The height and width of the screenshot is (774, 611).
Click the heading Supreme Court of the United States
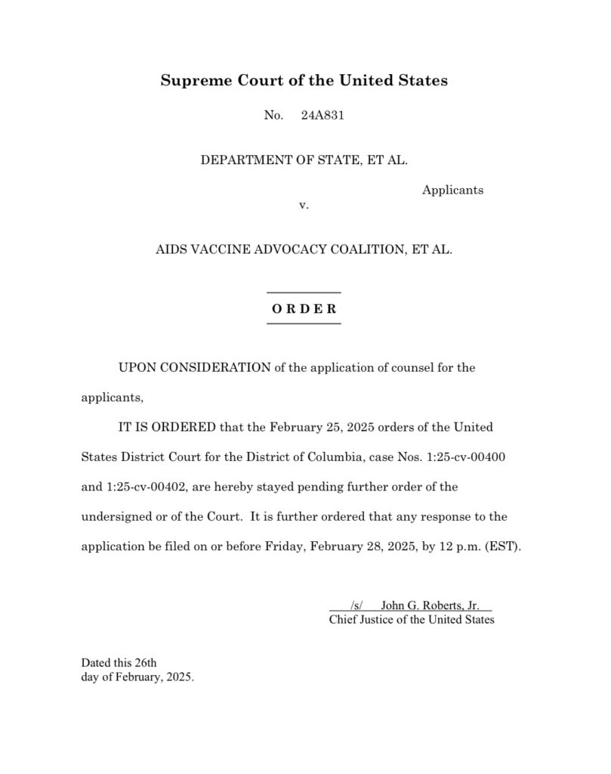click(x=304, y=80)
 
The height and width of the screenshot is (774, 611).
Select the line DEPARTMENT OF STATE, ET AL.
click(x=304, y=160)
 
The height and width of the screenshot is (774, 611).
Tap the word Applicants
click(x=452, y=190)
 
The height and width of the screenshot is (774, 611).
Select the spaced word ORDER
click(x=304, y=308)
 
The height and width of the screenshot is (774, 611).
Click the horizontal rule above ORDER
click(x=304, y=293)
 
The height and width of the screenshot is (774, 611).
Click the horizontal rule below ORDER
click(x=304, y=324)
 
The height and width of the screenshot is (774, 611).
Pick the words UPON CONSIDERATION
click(x=194, y=368)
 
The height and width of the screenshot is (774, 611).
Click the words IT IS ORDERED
click(x=168, y=427)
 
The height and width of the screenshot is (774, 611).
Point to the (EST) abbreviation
click(x=504, y=546)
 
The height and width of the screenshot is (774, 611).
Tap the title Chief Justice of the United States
click(x=412, y=620)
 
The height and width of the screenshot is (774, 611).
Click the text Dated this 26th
click(x=119, y=663)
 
